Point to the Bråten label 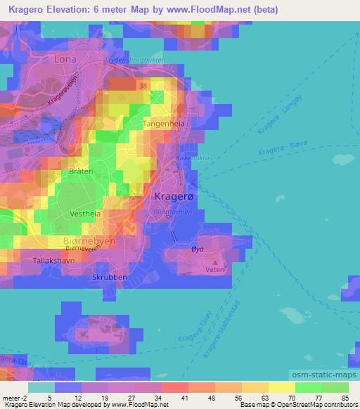click(81, 171)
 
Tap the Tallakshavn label click(53, 261)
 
